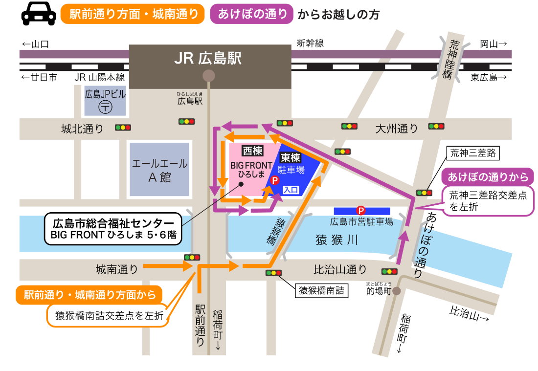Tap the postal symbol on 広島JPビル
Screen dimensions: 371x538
pos(105,107)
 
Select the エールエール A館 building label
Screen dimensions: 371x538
pos(159,170)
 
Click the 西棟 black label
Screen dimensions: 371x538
pos(253,151)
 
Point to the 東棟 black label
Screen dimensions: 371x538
pos(291,158)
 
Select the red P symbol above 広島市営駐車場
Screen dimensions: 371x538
pos(361,210)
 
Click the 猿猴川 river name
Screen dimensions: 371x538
pos(337,240)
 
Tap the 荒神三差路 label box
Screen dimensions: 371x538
pos(473,153)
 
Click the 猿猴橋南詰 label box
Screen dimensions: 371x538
pos(321,291)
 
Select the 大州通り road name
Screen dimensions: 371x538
pos(397,129)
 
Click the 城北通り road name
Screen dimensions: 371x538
pos(83,129)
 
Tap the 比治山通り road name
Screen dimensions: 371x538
pos(340,269)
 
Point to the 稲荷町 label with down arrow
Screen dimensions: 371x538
pos(218,330)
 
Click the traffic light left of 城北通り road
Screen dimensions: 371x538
pos(123,128)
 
